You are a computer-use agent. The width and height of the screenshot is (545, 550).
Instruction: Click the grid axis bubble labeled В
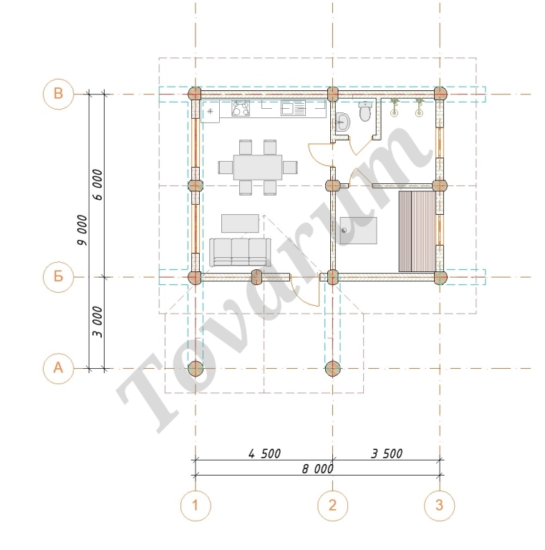pyautogui.click(x=59, y=94)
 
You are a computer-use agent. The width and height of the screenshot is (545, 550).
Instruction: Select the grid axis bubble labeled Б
pyautogui.click(x=59, y=276)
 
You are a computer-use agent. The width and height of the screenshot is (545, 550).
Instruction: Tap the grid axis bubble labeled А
pyautogui.click(x=59, y=368)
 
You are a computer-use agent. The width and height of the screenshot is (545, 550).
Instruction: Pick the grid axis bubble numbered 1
pyautogui.click(x=196, y=506)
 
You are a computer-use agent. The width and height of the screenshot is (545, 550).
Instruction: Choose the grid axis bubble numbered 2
pyautogui.click(x=332, y=506)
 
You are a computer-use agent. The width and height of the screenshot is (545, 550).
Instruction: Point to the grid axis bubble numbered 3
pyautogui.click(x=440, y=506)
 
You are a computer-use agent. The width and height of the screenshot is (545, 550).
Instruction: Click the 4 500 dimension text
pyautogui.click(x=264, y=453)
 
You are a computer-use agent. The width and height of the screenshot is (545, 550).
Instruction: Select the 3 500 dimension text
pyautogui.click(x=387, y=453)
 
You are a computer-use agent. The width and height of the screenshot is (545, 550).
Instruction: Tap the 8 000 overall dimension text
pyautogui.click(x=318, y=469)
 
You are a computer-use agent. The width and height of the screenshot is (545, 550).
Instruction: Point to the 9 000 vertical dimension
pyautogui.click(x=83, y=230)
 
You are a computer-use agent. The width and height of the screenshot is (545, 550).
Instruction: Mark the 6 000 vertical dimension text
pyautogui.click(x=98, y=185)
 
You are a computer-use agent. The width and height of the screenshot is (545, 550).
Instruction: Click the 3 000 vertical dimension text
pyautogui.click(x=98, y=322)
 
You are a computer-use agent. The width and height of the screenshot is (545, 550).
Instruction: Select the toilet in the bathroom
pyautogui.click(x=365, y=112)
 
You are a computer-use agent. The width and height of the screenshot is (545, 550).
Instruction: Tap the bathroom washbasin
pyautogui.click(x=342, y=122)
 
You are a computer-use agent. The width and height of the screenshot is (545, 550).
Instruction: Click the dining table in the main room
pyautogui.click(x=258, y=167)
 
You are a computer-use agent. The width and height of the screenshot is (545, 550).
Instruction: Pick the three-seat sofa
pyautogui.click(x=240, y=252)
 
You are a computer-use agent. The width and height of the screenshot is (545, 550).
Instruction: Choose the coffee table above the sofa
pyautogui.click(x=240, y=223)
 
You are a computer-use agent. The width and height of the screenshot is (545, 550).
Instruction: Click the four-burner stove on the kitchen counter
pyautogui.click(x=241, y=108)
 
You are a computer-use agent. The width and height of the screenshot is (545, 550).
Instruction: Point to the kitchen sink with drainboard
pyautogui.click(x=293, y=108)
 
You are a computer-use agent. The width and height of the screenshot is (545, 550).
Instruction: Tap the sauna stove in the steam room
pyautogui.click(x=358, y=231)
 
